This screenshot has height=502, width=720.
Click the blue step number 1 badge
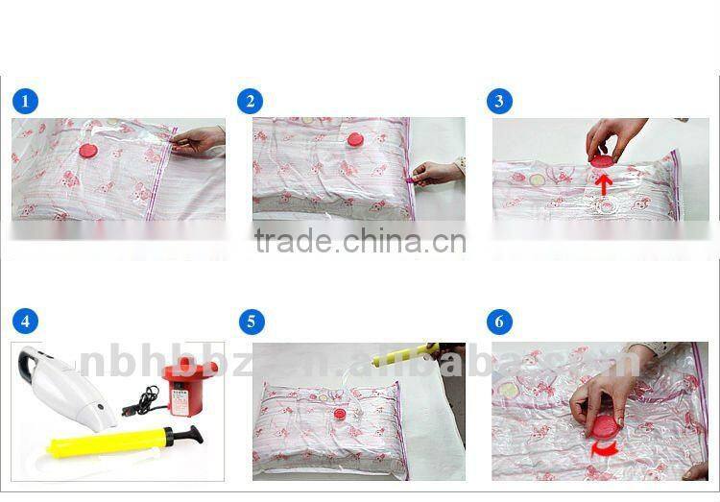coord(26,101)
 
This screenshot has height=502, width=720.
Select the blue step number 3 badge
coord(498,101)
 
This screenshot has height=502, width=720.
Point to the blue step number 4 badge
coord(26,322)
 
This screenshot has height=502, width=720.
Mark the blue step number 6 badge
coord(498,322)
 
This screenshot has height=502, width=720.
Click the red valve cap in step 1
coord(88,150)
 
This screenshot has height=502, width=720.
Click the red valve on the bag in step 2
coord(354,140)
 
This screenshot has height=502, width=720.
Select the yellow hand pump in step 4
coord(125,441)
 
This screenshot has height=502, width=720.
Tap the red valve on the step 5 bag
coord(338,414)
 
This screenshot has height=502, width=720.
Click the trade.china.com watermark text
coord(360,242)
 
